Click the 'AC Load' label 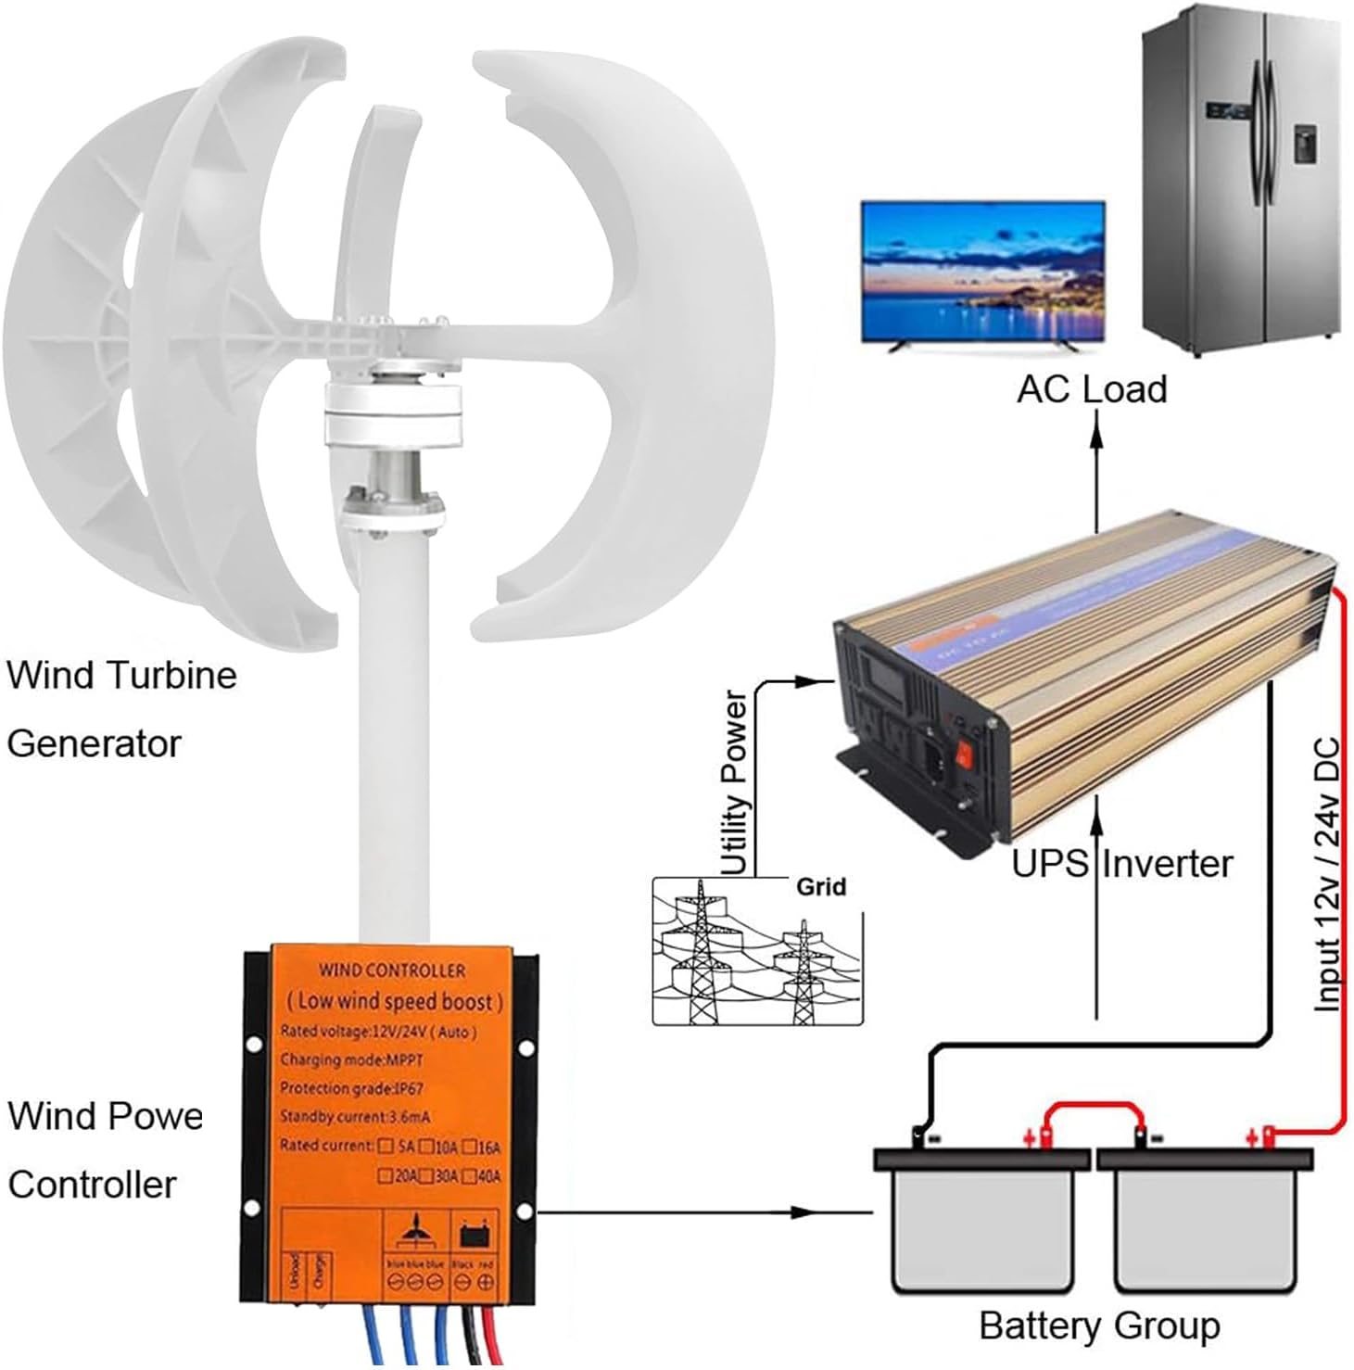click(x=1091, y=389)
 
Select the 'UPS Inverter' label click(x=1121, y=864)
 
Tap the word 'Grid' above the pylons click(x=821, y=887)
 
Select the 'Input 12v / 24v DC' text click(x=1327, y=874)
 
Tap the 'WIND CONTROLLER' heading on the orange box click(x=392, y=970)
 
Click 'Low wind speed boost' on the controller click(x=395, y=1001)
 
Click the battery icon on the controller click(x=474, y=1235)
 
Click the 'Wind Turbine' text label click(x=121, y=675)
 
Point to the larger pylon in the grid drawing click(x=702, y=955)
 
